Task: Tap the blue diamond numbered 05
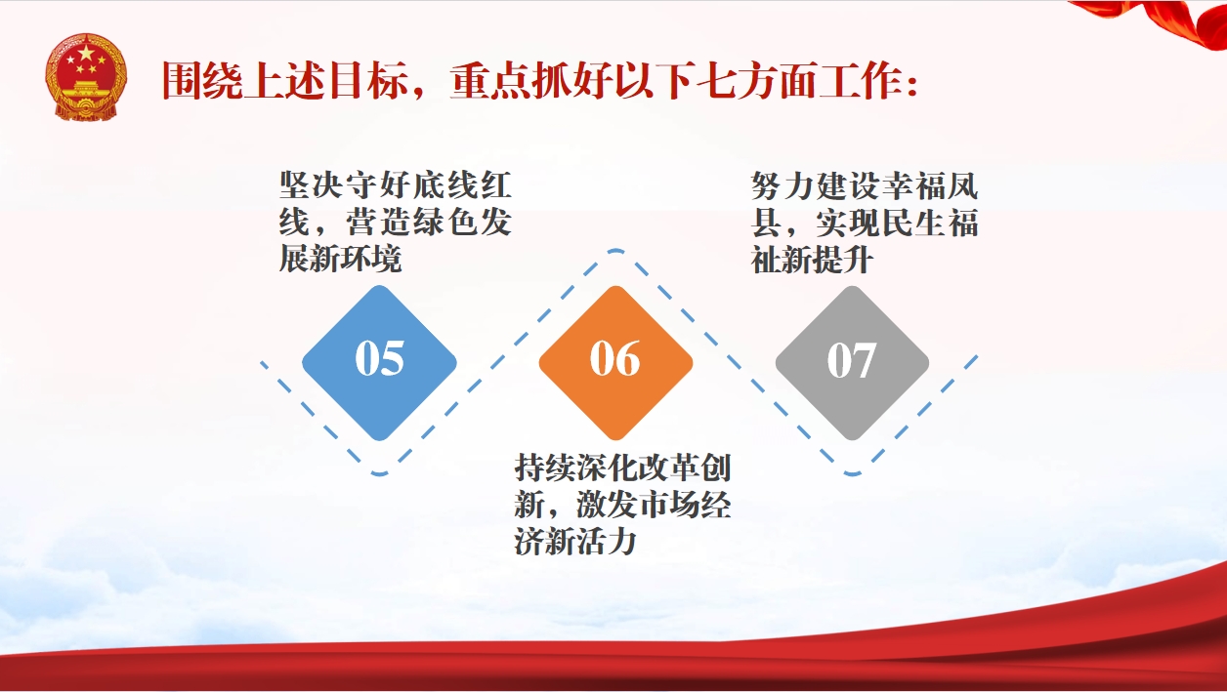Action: pyautogui.click(x=379, y=362)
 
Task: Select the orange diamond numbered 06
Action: pyautogui.click(x=615, y=362)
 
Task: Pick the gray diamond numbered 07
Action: pyautogui.click(x=852, y=362)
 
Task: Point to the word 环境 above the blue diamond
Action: pyautogui.click(x=371, y=259)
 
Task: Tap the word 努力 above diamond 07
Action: pyautogui.click(x=783, y=185)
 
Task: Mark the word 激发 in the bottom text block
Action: pyautogui.click(x=607, y=505)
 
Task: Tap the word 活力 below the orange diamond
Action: pyautogui.click(x=606, y=542)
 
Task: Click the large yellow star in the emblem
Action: pyautogui.click(x=86, y=53)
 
